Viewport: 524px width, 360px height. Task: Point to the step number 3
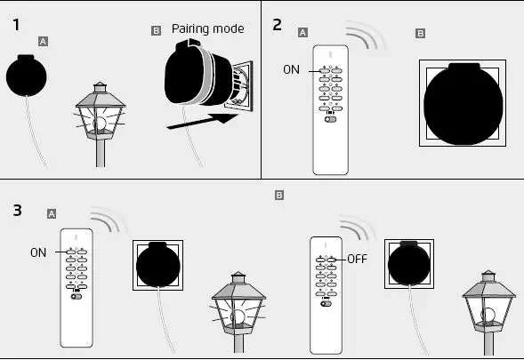(x=18, y=211)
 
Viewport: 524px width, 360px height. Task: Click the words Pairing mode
(x=207, y=28)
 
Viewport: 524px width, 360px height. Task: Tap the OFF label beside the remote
(x=357, y=259)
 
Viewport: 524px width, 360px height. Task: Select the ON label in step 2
(x=291, y=70)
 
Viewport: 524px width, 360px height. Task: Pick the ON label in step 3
(x=37, y=252)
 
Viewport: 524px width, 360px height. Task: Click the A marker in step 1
(x=43, y=41)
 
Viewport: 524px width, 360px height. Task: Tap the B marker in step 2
(x=421, y=33)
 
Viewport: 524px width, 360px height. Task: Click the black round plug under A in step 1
(x=31, y=77)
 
